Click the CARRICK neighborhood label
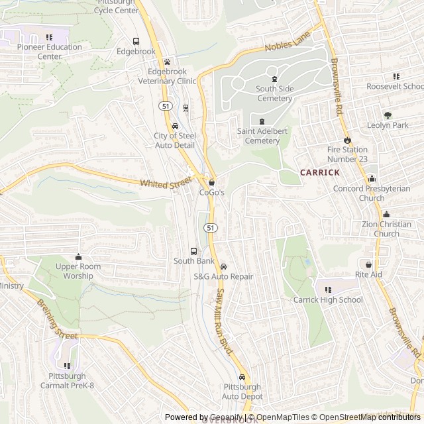[x=320, y=172]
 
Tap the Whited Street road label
[x=165, y=182]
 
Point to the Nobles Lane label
[x=288, y=46]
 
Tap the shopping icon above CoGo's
[x=212, y=182]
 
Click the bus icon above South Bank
[x=193, y=251]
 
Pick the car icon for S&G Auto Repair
[x=223, y=266]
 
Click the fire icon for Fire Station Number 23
[x=346, y=140]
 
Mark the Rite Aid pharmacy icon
[x=368, y=264]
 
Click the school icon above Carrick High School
[x=328, y=290]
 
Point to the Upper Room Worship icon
[x=78, y=257]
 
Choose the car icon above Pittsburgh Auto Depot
[x=242, y=377]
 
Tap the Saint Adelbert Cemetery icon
[x=262, y=121]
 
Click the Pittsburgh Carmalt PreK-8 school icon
[x=66, y=366]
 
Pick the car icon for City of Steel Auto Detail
[x=175, y=126]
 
